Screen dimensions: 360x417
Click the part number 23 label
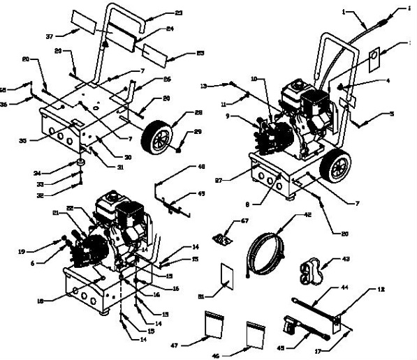point(179,13)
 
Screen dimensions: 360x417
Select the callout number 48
point(201,167)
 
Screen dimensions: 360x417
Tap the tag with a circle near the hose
point(373,57)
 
